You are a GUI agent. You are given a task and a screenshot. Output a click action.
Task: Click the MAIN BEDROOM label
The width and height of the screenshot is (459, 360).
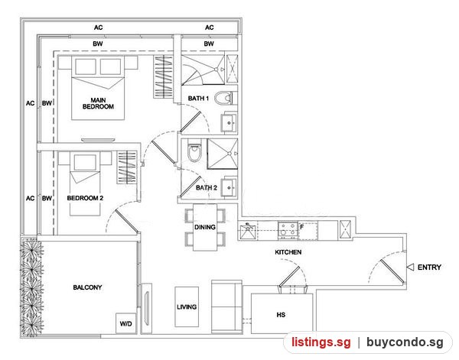[x=98, y=103]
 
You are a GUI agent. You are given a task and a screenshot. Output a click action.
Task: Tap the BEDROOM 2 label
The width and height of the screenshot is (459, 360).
[x=85, y=198]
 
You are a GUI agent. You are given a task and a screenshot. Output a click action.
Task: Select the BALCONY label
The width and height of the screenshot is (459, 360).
[x=87, y=287]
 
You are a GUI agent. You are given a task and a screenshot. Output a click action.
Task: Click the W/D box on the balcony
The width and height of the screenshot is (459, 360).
[x=126, y=323]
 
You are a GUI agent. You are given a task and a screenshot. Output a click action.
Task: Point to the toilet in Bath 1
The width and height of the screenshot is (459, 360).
[x=224, y=99]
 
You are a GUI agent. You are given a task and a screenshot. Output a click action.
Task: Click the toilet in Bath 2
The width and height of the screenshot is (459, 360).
[x=194, y=151]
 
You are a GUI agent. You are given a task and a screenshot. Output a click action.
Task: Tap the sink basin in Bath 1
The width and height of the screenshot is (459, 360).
[x=229, y=123]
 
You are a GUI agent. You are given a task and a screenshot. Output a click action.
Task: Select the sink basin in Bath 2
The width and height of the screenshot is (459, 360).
[x=229, y=188]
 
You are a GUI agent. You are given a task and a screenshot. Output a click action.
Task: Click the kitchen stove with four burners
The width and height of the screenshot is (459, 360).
[x=288, y=229]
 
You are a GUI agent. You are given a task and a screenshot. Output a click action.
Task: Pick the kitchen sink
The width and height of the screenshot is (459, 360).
[x=248, y=232]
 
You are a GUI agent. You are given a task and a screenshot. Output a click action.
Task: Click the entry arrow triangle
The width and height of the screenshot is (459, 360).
[x=410, y=267]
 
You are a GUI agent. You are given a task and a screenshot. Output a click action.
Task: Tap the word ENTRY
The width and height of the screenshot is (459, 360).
[x=429, y=268]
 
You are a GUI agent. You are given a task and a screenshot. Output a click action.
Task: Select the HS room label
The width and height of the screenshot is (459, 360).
[x=281, y=315]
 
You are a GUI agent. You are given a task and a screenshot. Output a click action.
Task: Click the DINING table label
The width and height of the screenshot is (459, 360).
[x=205, y=227]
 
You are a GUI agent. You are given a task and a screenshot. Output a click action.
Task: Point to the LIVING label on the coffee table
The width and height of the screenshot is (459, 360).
[x=187, y=307]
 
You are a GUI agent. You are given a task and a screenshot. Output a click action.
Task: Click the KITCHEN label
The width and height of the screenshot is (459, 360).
[x=288, y=252]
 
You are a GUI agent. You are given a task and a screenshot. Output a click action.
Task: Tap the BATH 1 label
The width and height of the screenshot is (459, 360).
[x=198, y=99]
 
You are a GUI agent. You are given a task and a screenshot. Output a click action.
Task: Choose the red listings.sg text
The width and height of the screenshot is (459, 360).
[x=321, y=342]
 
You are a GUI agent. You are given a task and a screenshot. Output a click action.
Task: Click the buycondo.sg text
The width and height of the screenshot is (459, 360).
[x=405, y=342]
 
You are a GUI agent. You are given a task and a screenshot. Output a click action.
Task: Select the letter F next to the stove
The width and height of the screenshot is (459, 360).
[x=302, y=227]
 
